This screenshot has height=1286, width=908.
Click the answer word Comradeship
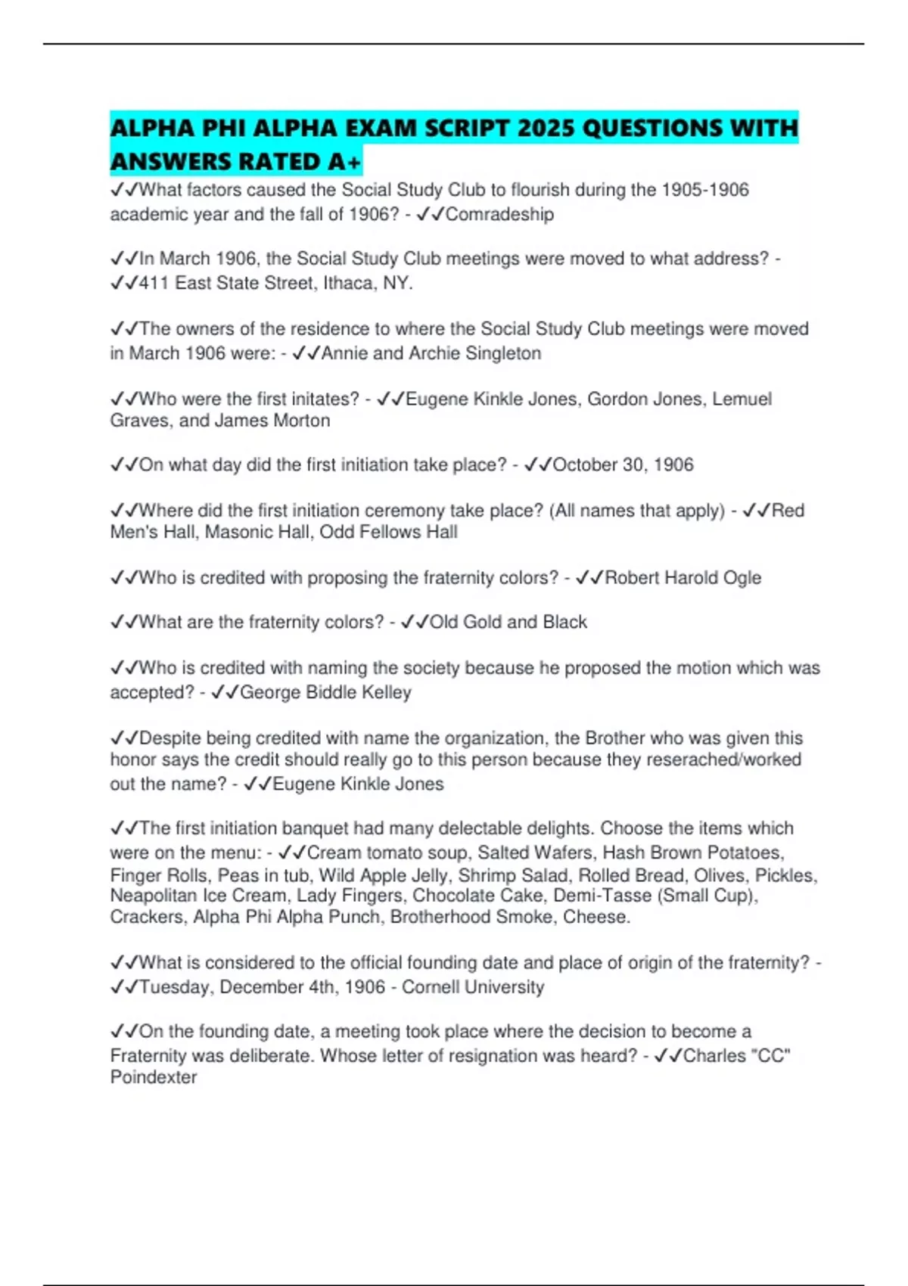(499, 215)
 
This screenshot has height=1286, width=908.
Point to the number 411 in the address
(154, 284)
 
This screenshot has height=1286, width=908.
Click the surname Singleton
(503, 353)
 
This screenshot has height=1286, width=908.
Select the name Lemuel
(742, 399)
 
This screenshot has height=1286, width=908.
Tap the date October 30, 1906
(623, 464)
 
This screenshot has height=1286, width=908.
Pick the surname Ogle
(742, 578)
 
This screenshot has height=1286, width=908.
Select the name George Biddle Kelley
(325, 692)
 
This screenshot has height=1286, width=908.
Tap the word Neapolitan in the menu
(154, 896)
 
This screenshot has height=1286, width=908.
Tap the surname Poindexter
(154, 1077)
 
